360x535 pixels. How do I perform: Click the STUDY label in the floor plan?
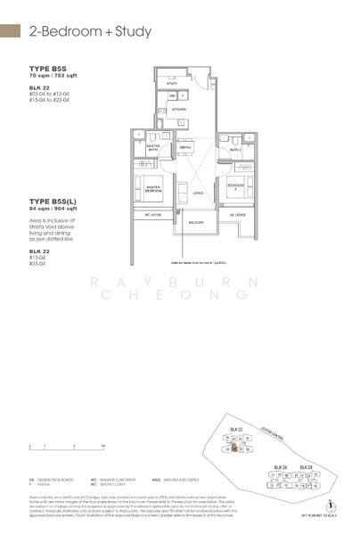point(171,82)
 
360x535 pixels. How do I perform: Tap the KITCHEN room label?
point(179,110)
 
